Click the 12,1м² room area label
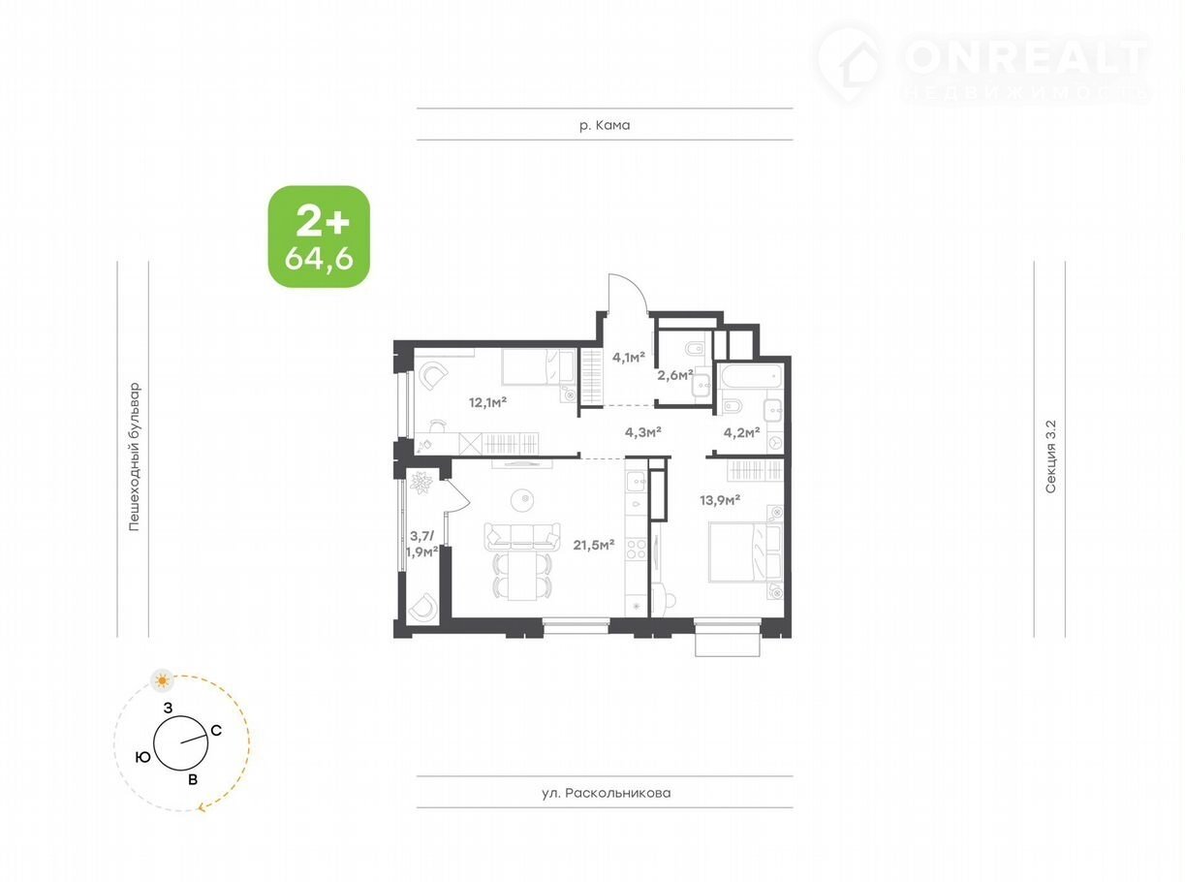pyautogui.click(x=487, y=402)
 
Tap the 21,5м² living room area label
pyautogui.click(x=594, y=545)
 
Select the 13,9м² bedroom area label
pyautogui.click(x=720, y=500)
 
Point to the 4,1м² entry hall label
pyautogui.click(x=628, y=357)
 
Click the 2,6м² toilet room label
pyautogui.click(x=675, y=375)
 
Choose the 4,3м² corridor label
pyautogui.click(x=643, y=431)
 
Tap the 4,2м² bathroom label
pyautogui.click(x=741, y=432)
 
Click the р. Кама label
pyautogui.click(x=605, y=125)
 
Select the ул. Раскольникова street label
pyautogui.click(x=607, y=793)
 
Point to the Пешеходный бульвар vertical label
pyautogui.click(x=134, y=457)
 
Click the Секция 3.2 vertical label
pyautogui.click(x=1050, y=457)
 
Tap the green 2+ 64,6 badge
pyautogui.click(x=319, y=236)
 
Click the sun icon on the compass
pyautogui.click(x=162, y=681)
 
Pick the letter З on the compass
pyautogui.click(x=168, y=709)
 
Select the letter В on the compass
pyautogui.click(x=193, y=779)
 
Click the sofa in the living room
pyautogui.click(x=522, y=536)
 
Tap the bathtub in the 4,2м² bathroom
pyautogui.click(x=751, y=377)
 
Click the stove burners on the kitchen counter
pyautogui.click(x=636, y=549)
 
